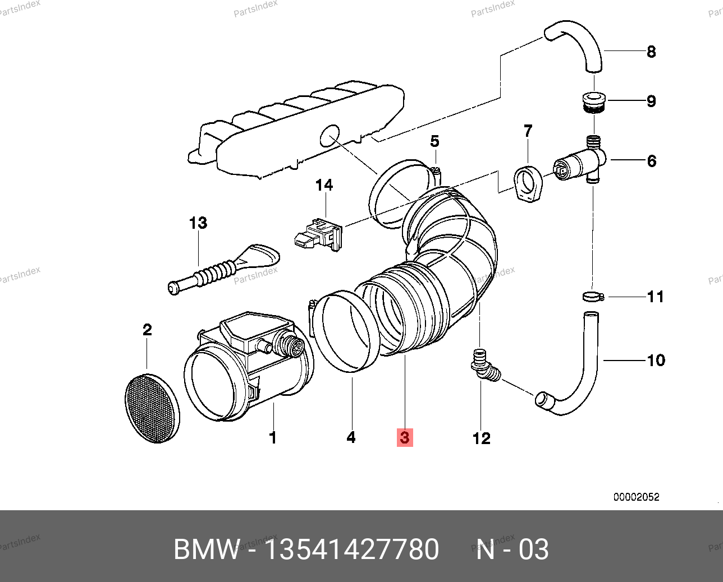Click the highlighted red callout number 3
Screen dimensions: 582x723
[x=405, y=437]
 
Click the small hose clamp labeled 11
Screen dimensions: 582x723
[x=592, y=297]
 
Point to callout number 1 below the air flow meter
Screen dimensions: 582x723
[x=273, y=437]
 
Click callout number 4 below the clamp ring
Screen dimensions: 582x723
[x=351, y=437]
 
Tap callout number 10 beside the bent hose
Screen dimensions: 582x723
[x=656, y=360]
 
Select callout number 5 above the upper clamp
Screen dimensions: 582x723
[x=435, y=141]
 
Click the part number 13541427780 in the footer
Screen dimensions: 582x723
[x=351, y=549]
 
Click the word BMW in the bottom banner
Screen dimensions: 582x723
[x=207, y=549]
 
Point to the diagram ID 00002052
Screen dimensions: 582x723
[x=636, y=497]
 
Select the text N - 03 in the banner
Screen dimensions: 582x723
[x=512, y=549]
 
